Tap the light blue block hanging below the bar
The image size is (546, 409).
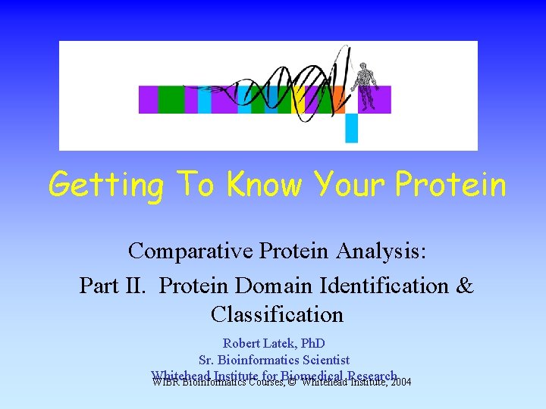point(351,127)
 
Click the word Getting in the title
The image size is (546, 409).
point(105,184)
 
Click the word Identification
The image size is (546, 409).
point(385,286)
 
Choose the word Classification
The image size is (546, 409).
point(277,314)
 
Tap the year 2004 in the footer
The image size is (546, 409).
point(399,382)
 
